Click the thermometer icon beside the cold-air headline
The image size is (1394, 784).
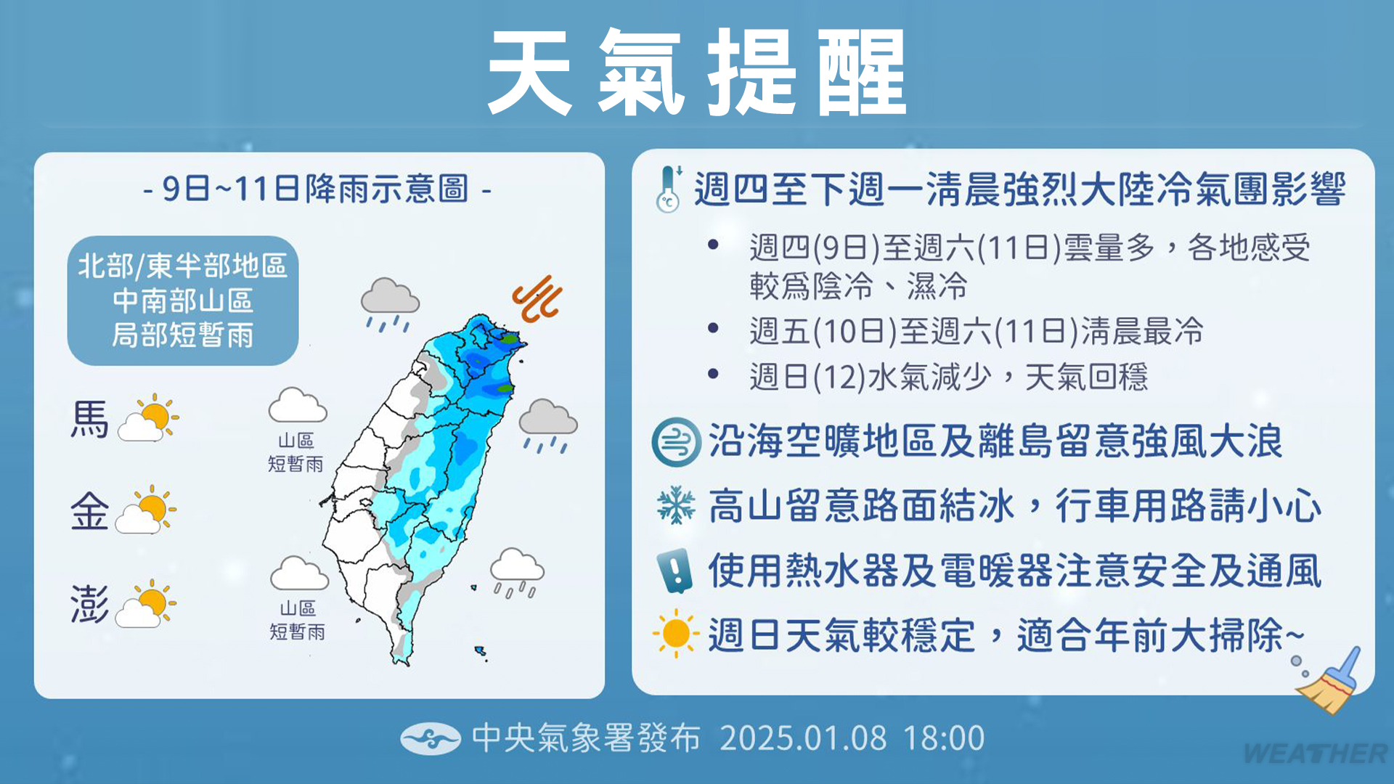[x=669, y=189]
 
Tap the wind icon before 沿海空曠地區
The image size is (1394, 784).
[x=676, y=442]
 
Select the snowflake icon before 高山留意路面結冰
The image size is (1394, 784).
[x=676, y=505]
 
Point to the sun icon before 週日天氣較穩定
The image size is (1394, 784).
[x=676, y=634]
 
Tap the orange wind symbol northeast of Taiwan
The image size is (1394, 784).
[x=538, y=298]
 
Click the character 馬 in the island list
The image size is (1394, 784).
[x=89, y=420]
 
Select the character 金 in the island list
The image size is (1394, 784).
[x=89, y=511]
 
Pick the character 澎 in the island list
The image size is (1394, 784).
[x=89, y=604]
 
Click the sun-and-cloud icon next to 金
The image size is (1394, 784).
[x=146, y=510]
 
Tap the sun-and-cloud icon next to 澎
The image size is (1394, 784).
[x=146, y=603]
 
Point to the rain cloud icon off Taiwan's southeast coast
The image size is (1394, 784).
[x=517, y=573]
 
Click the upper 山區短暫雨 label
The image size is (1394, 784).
[x=296, y=452]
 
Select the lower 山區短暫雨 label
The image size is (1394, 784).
[x=298, y=620]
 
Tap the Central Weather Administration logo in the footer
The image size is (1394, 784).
[x=431, y=739]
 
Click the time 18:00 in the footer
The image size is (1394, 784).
[x=944, y=738]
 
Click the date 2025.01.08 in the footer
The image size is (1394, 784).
[x=804, y=738]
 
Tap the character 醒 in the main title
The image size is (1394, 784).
[x=862, y=73]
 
